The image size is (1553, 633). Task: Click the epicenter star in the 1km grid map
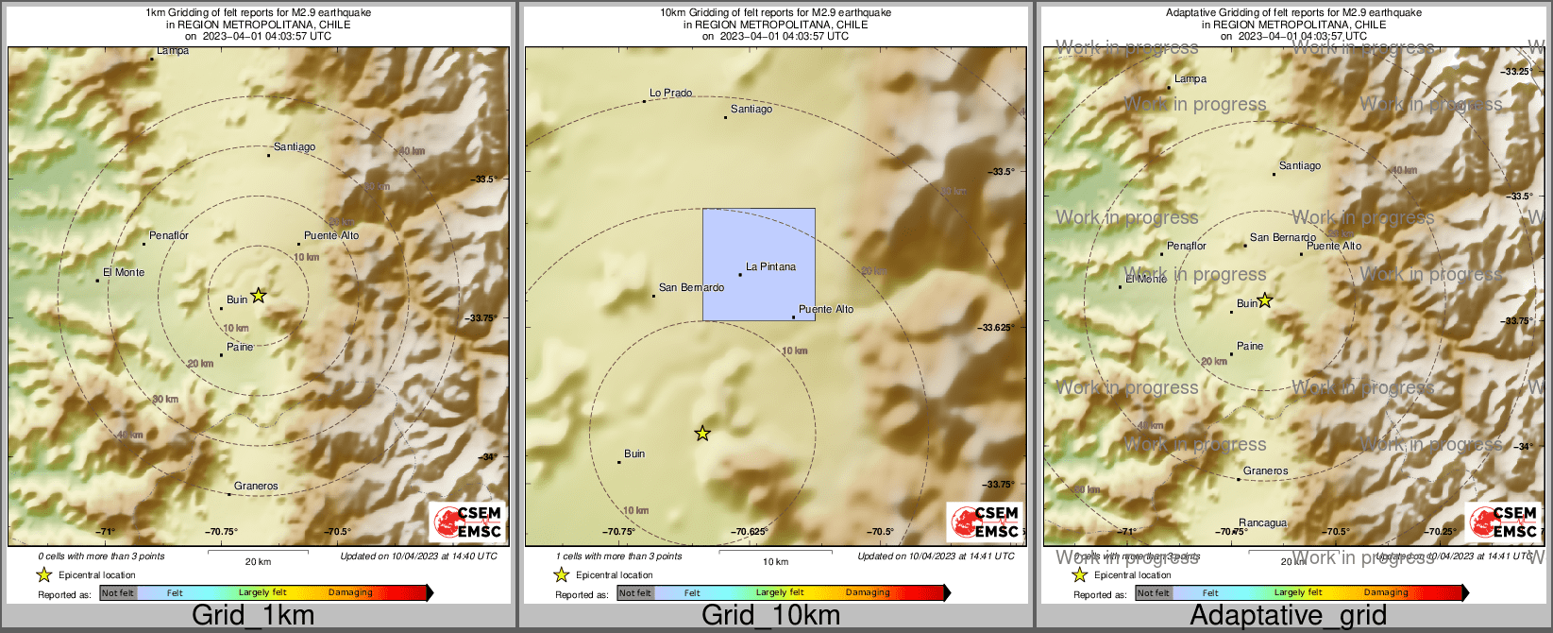coord(259,296)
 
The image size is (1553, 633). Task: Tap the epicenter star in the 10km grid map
coord(702,434)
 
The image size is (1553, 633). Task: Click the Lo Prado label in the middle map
coord(670,94)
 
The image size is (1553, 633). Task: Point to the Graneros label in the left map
coord(256,487)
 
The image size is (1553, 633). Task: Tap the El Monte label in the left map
coord(124,272)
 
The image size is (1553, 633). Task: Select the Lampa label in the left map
coord(173,51)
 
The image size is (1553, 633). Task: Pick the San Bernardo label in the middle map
coord(691,287)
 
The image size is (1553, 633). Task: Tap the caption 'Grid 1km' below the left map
coord(253,616)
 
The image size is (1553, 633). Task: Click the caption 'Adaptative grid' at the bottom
coord(1288,616)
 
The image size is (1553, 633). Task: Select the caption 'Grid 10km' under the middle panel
coord(770,616)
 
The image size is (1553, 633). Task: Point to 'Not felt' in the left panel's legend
coord(118,593)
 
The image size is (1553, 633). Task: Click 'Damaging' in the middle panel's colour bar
coord(868,593)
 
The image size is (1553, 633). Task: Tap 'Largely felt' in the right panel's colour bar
coord(1298,593)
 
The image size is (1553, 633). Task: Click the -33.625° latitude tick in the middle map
coord(998,328)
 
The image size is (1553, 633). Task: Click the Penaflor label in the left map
coord(169,236)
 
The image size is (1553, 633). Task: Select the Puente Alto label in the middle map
coord(826,310)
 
